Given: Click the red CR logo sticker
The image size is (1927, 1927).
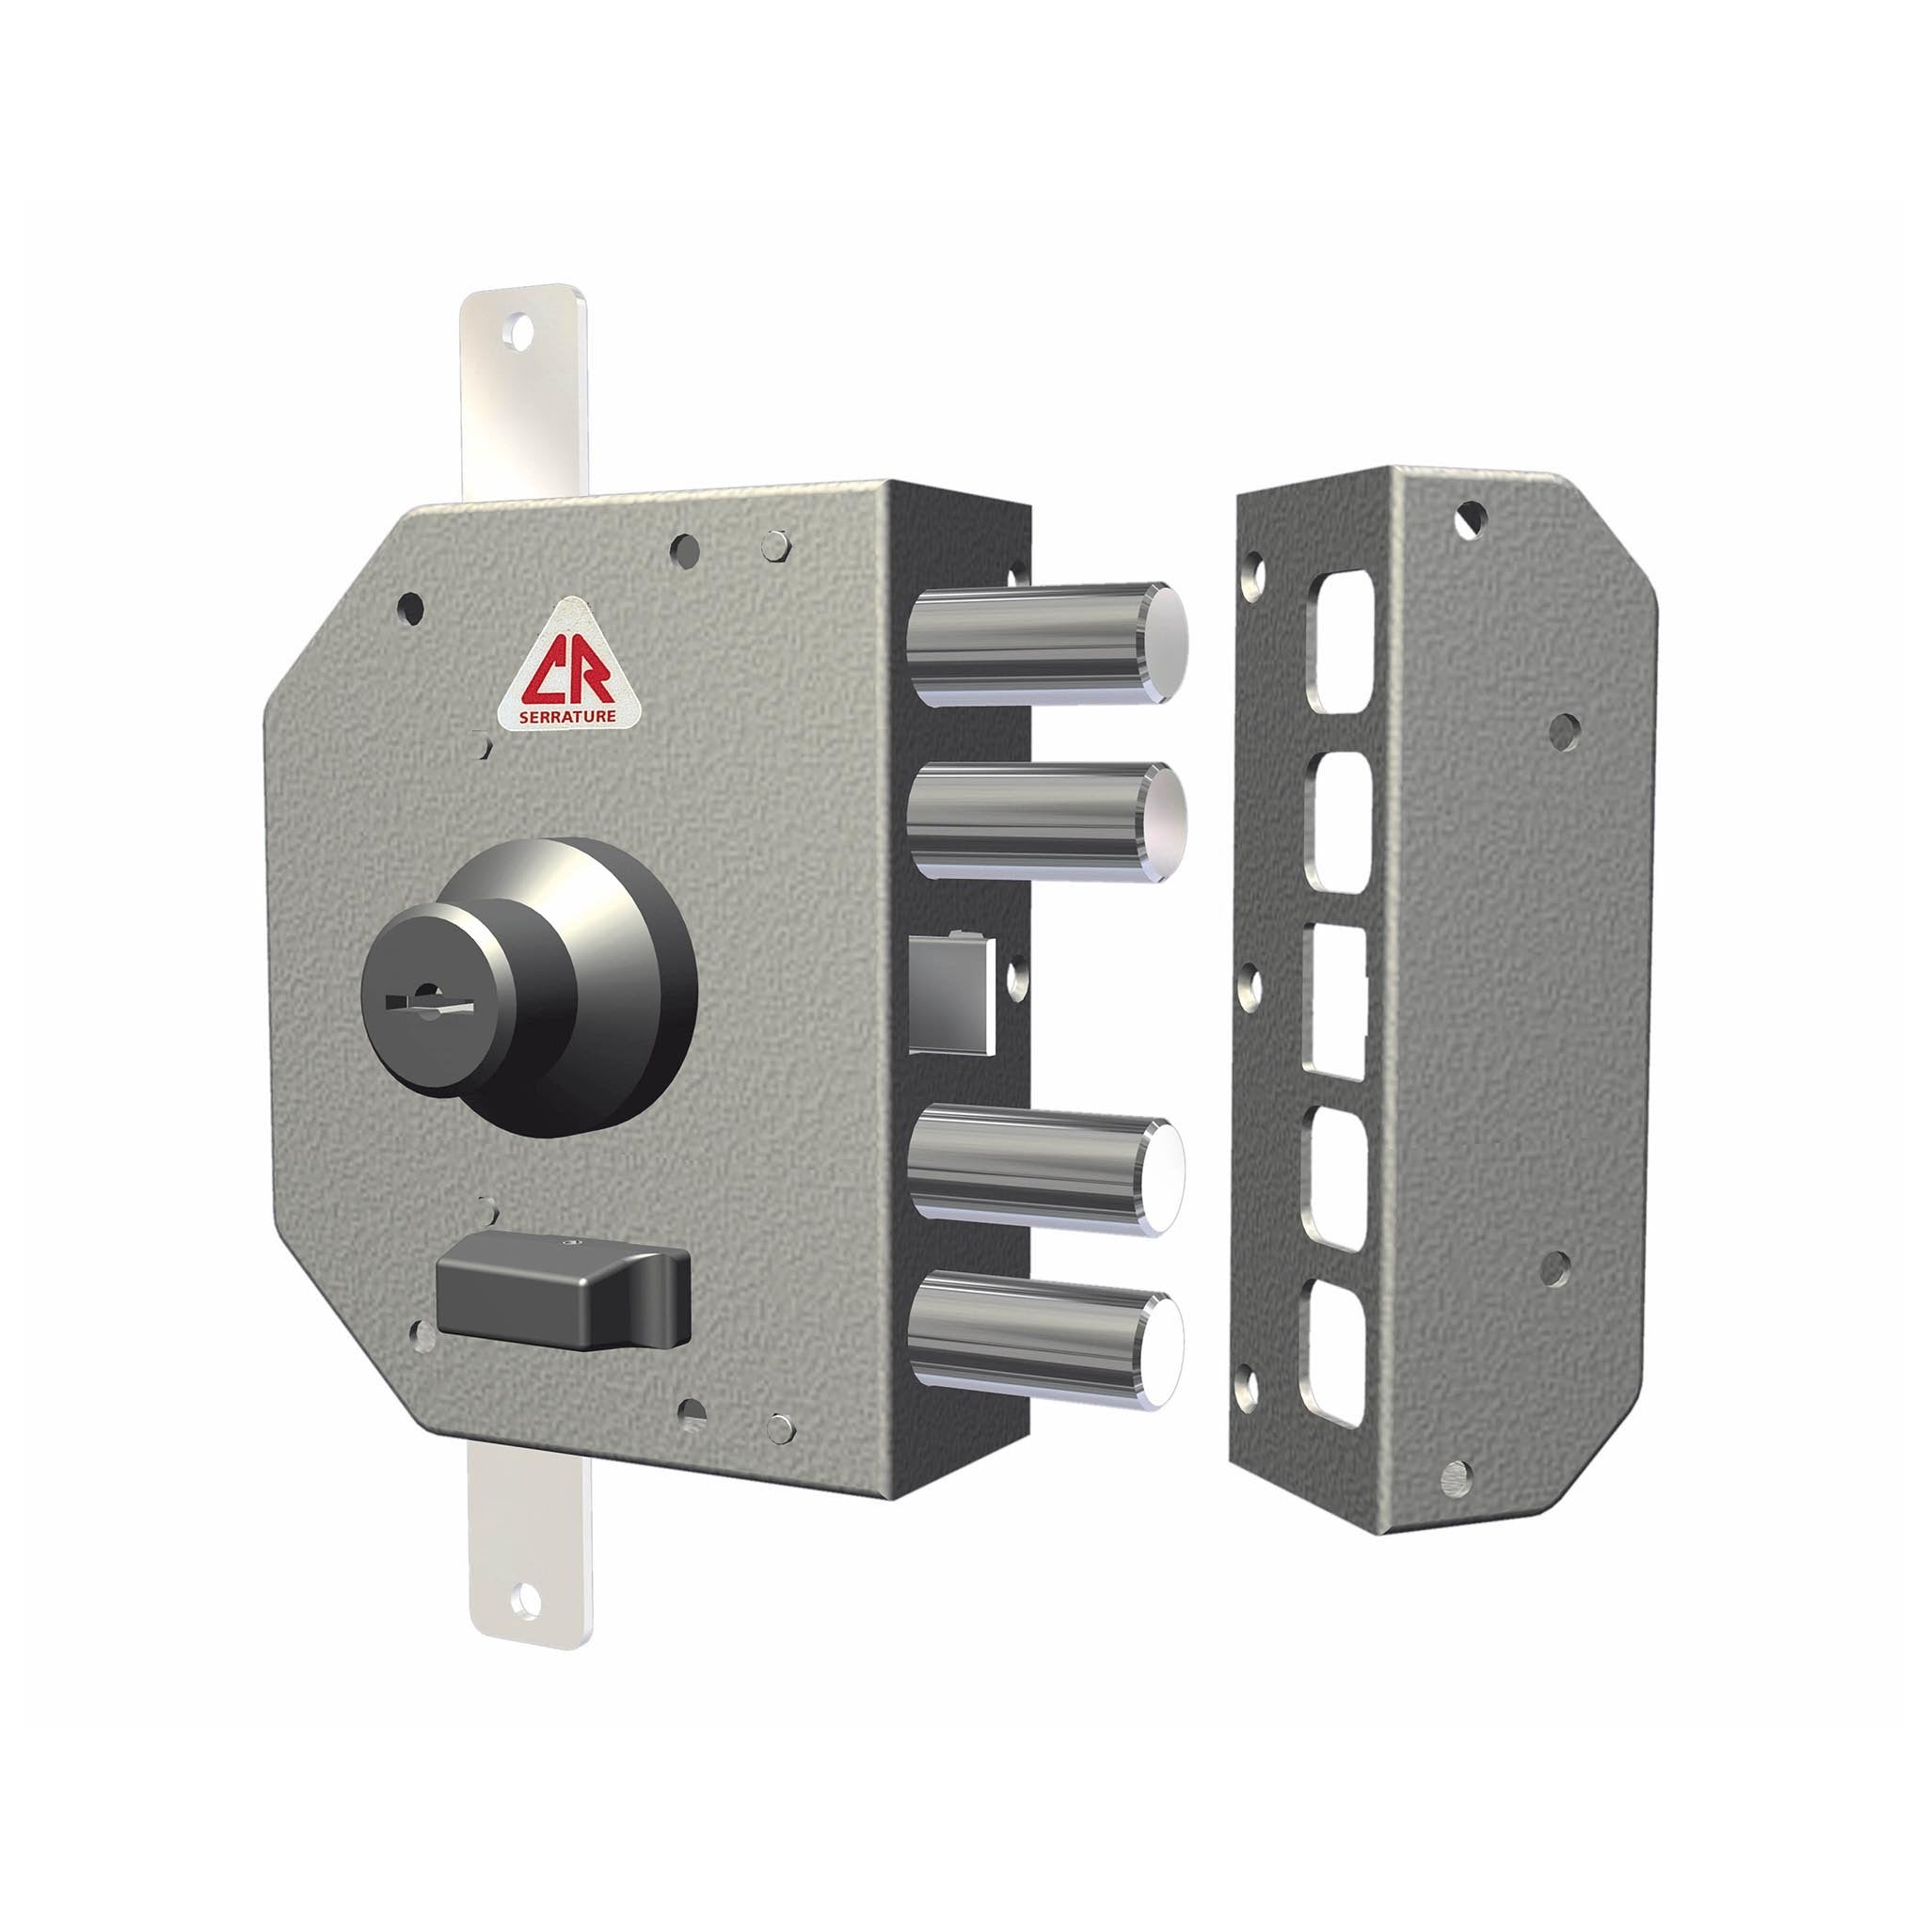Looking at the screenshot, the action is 558,662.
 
